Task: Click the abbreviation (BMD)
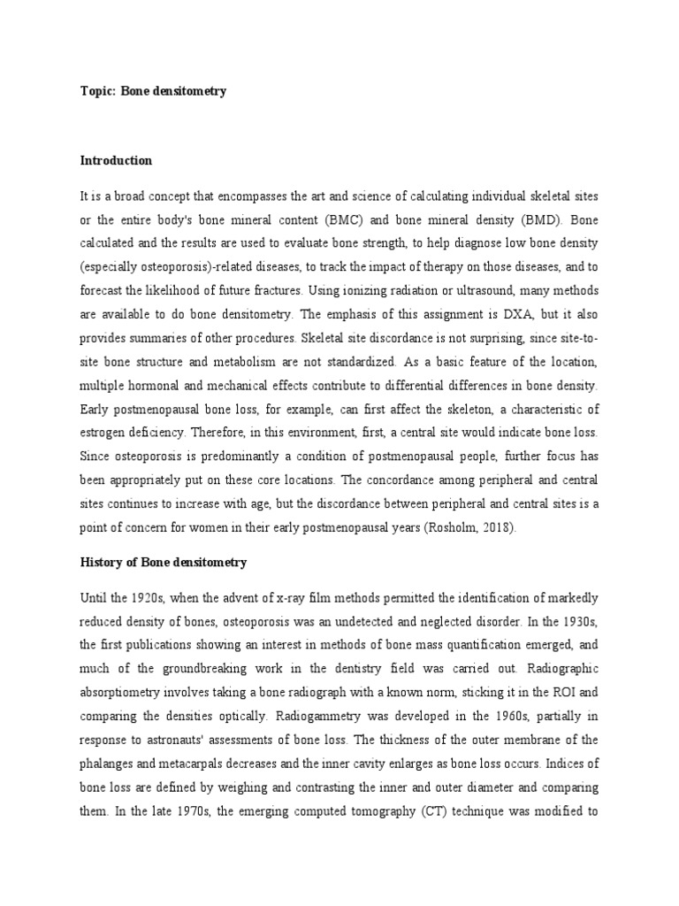pyautogui.click(x=538, y=218)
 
